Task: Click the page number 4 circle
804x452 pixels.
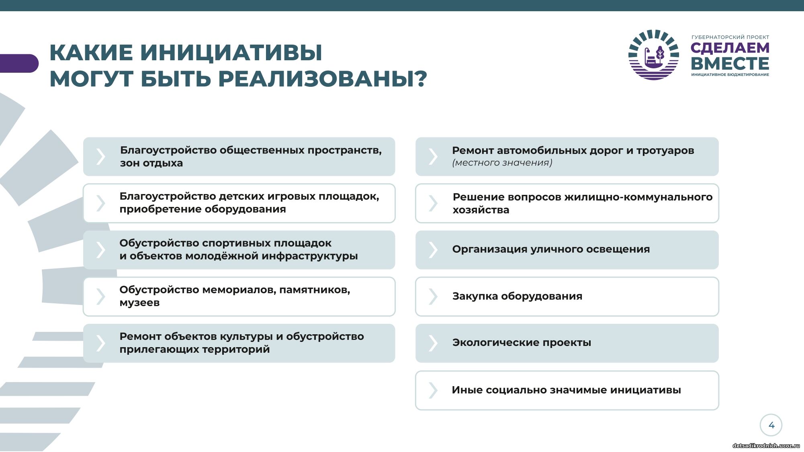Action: pyautogui.click(x=771, y=425)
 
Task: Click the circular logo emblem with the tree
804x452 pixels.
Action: pyautogui.click(x=654, y=55)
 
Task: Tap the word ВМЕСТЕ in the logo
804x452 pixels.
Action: pyautogui.click(x=730, y=63)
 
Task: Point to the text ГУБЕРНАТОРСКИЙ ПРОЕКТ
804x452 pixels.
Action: pyautogui.click(x=730, y=37)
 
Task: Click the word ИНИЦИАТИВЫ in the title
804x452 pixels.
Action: pyautogui.click(x=231, y=53)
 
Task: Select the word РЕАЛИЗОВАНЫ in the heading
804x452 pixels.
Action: pyautogui.click(x=317, y=78)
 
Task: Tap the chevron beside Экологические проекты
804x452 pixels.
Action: pyautogui.click(x=433, y=343)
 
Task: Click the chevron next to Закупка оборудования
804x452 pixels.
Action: pyautogui.click(x=433, y=297)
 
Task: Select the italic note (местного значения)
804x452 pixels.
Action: pyautogui.click(x=502, y=163)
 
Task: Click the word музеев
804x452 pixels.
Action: pyautogui.click(x=139, y=303)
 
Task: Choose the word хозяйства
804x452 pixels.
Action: pyautogui.click(x=481, y=210)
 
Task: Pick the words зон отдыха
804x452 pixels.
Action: pyautogui.click(x=151, y=163)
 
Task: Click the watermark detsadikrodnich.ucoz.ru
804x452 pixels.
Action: pyautogui.click(x=766, y=446)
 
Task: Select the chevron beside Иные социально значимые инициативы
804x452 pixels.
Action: pyautogui.click(x=433, y=390)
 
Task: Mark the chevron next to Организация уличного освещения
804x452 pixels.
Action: pyautogui.click(x=433, y=250)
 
